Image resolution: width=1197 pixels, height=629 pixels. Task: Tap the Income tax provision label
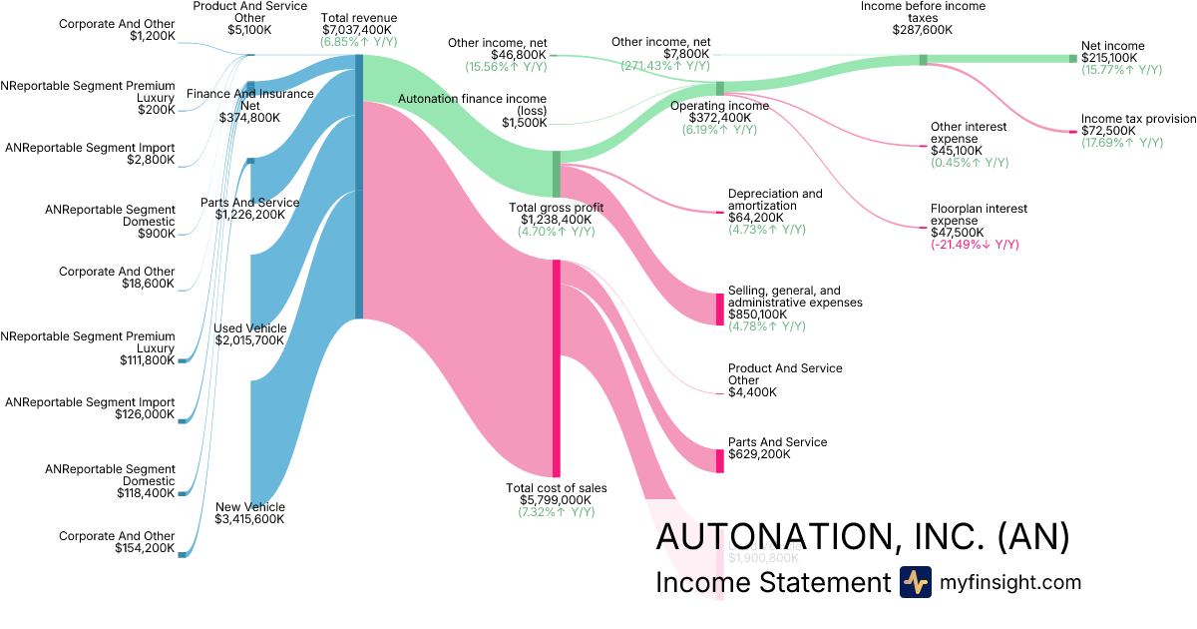1138,119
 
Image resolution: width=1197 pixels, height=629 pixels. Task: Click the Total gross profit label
556,207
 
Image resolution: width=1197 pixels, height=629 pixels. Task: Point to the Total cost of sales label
556,488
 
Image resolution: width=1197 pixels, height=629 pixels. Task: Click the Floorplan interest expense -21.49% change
975,245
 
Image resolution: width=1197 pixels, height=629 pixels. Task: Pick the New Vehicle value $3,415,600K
249,519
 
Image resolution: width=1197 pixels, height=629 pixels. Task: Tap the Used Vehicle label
249,327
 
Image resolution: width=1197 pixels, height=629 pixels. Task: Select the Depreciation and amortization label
775,200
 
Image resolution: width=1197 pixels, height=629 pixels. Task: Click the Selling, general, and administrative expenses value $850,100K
763,314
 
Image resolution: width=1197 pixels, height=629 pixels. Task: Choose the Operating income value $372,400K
718,118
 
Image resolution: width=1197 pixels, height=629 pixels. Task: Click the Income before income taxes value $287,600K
923,30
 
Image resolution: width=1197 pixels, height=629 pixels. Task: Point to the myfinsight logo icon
915,582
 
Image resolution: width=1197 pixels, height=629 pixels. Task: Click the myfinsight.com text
1010,582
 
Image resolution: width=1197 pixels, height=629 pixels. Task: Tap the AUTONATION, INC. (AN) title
863,537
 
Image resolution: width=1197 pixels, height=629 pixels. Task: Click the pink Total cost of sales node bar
556,369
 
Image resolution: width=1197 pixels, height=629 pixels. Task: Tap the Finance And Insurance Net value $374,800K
249,117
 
